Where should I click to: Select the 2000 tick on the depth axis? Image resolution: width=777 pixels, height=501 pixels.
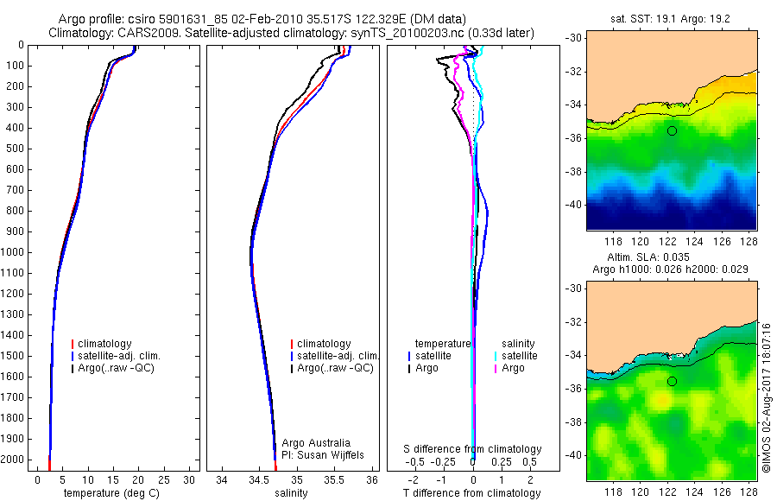[13, 460]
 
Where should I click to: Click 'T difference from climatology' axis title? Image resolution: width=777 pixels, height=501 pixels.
[473, 493]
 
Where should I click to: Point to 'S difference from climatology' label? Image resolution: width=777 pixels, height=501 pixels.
[473, 449]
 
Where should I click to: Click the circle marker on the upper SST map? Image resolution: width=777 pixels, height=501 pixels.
[672, 130]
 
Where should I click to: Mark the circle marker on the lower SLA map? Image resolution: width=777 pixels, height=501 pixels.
[672, 381]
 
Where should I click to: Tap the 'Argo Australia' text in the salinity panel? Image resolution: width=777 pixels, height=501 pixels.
[317, 442]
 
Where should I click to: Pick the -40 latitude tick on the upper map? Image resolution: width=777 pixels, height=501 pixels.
[572, 205]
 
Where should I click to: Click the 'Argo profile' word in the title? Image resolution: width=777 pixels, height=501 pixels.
[91, 19]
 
